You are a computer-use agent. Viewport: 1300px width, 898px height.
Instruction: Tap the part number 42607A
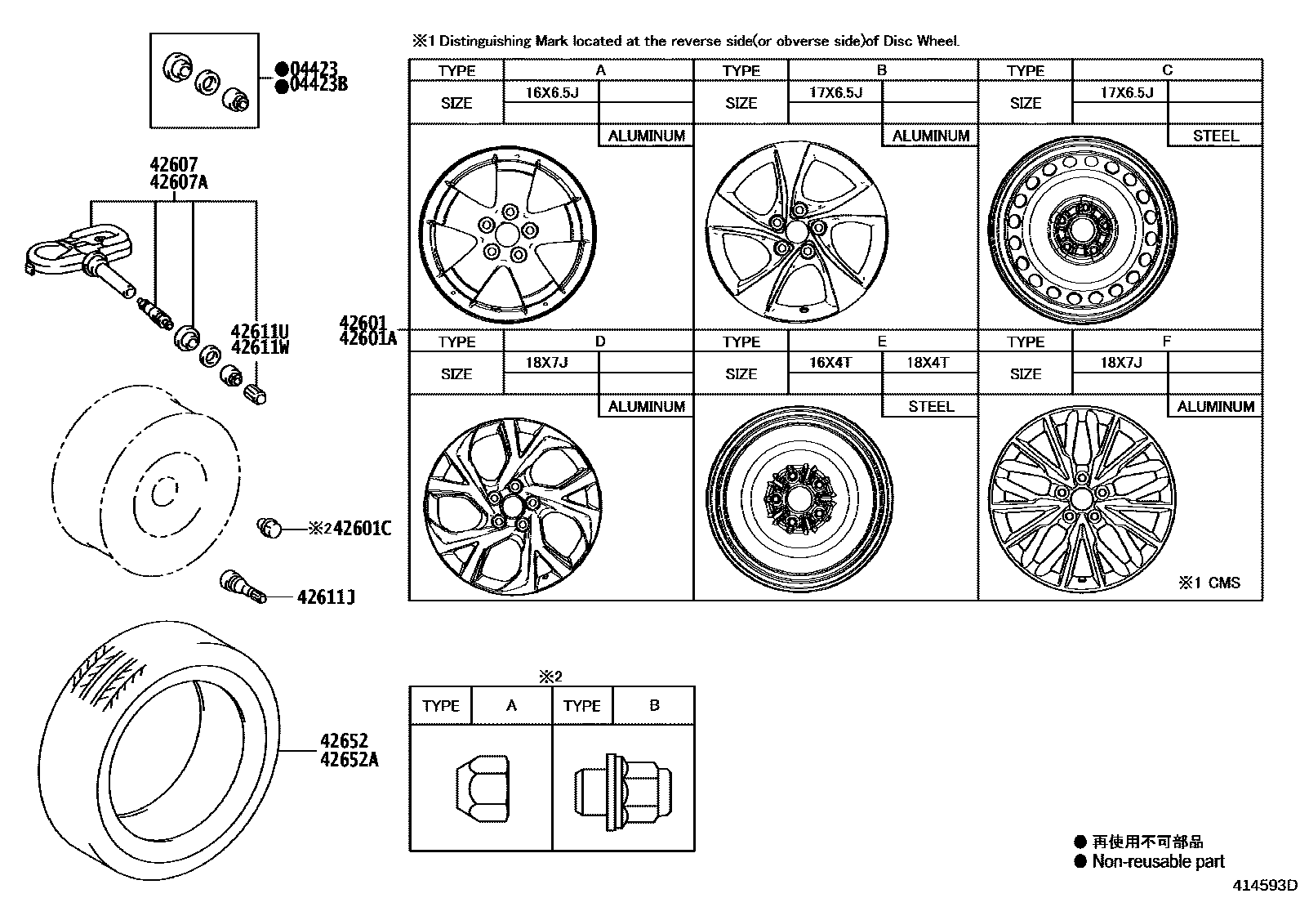[x=179, y=182]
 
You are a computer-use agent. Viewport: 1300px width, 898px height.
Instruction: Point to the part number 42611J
[x=326, y=597]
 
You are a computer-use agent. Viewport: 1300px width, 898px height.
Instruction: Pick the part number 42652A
[x=349, y=759]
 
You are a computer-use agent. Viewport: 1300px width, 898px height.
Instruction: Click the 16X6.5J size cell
[x=551, y=92]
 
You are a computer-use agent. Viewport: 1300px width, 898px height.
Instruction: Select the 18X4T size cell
[x=929, y=363]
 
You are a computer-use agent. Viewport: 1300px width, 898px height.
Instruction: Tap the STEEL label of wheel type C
[x=1215, y=136]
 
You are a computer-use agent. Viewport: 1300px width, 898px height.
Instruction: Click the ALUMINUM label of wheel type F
[x=1215, y=406]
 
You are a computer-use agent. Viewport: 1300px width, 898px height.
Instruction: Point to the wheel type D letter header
[x=599, y=342]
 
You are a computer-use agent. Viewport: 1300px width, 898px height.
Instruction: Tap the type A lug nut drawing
[x=483, y=787]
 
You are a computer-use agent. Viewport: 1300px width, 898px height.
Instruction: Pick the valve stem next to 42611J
[x=243, y=587]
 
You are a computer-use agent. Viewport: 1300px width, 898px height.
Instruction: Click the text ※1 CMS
[x=1209, y=583]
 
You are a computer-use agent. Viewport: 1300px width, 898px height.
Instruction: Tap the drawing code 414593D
[x=1265, y=886]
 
